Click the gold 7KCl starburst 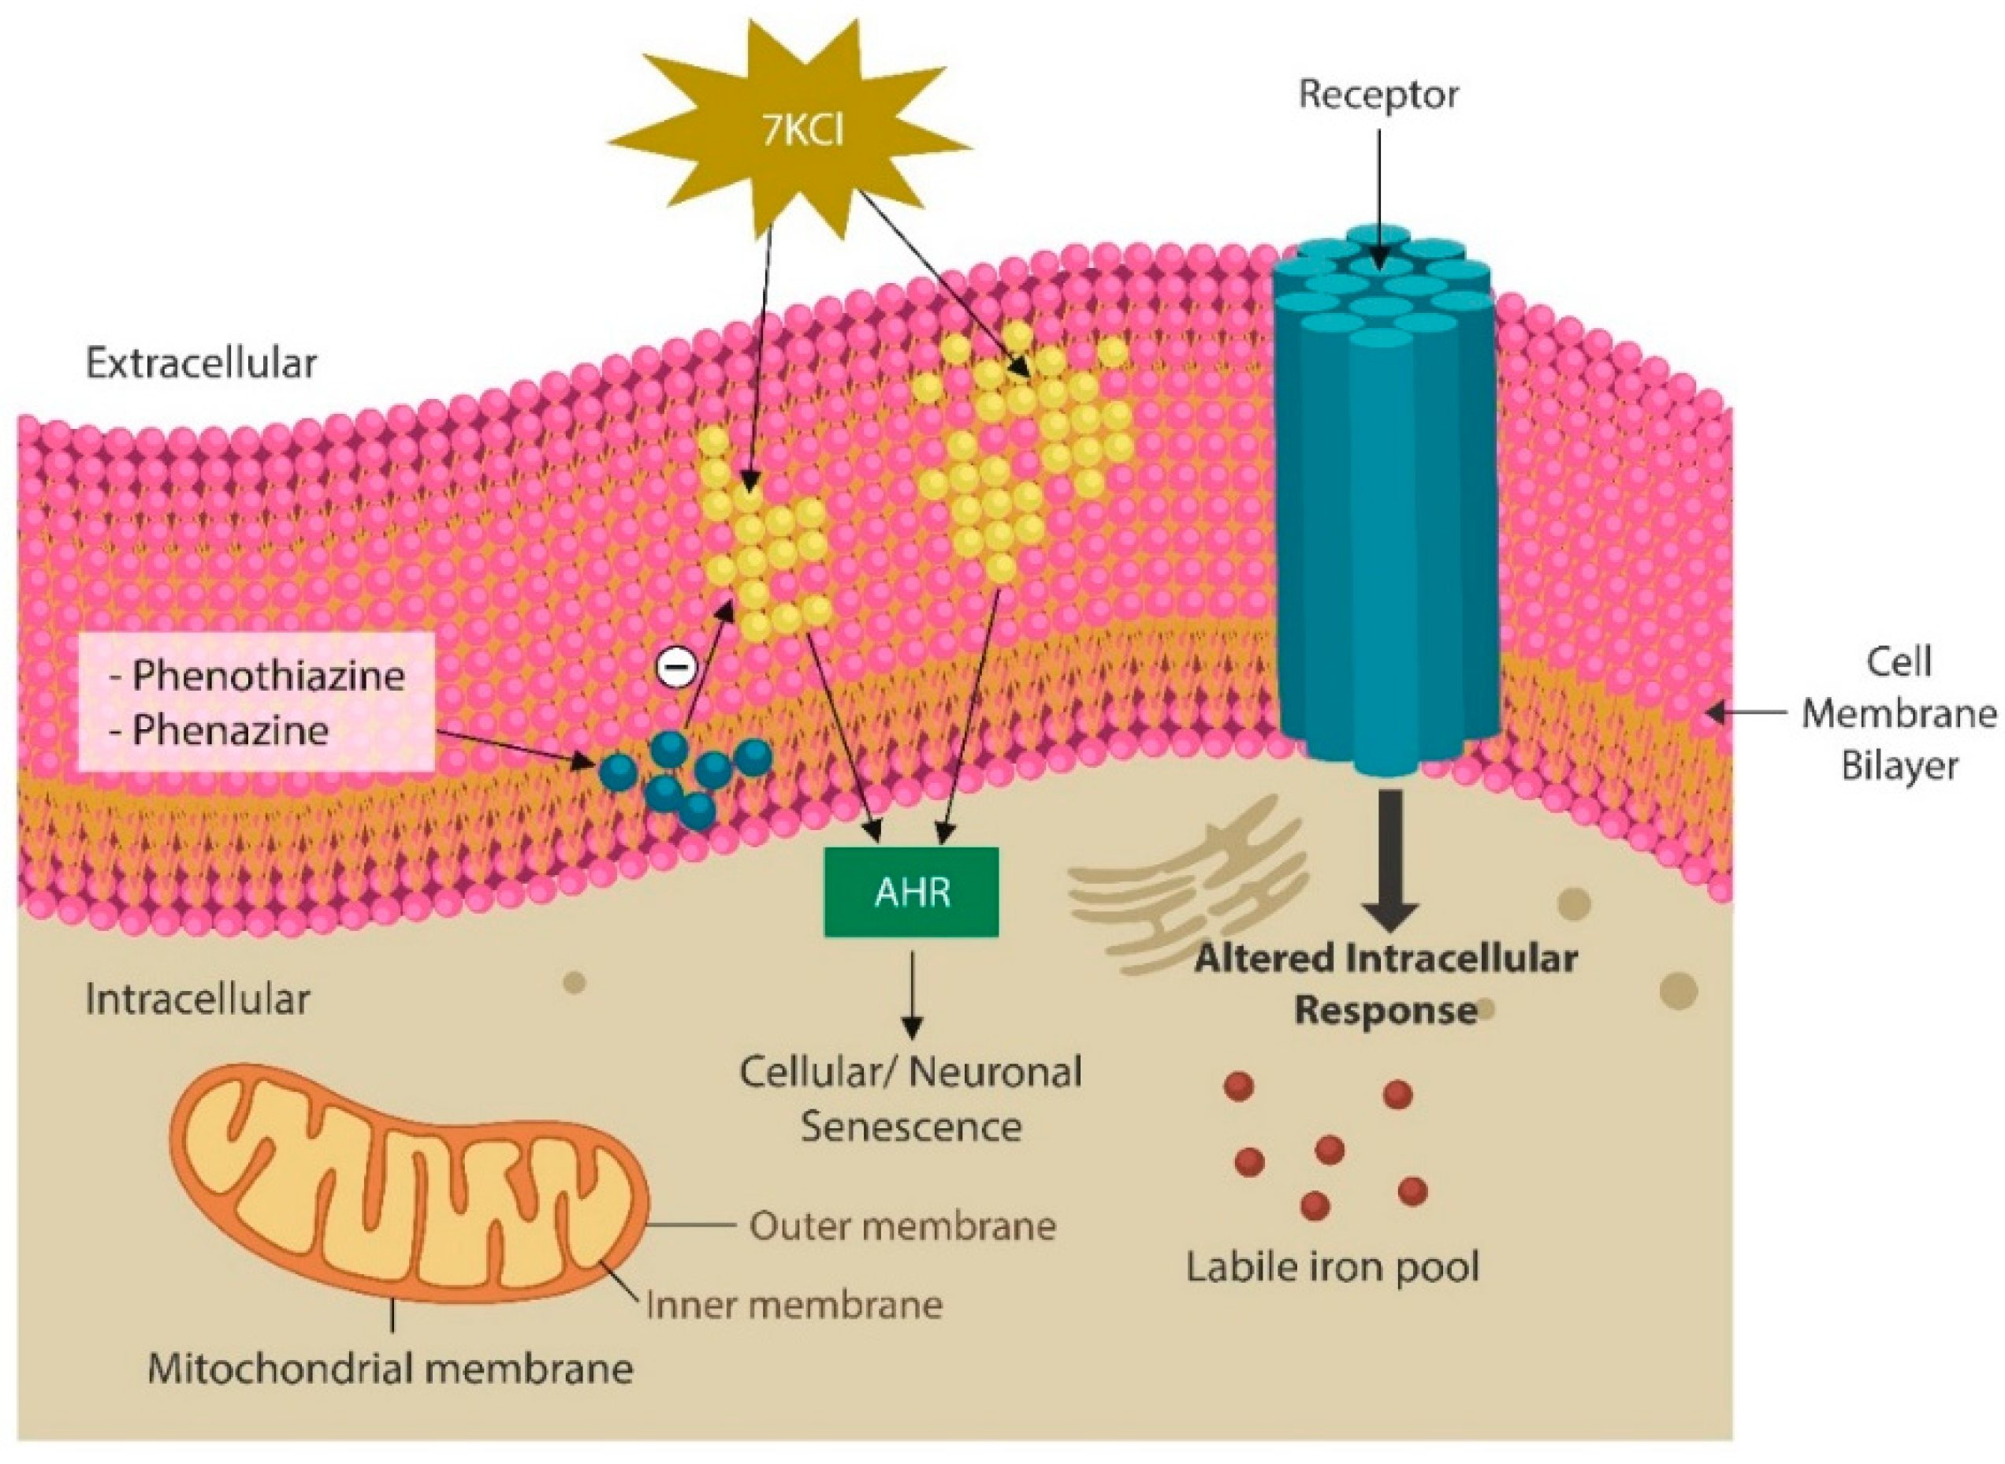pyautogui.click(x=790, y=133)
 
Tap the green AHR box pyautogui.click(x=911, y=892)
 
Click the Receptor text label pyautogui.click(x=1378, y=95)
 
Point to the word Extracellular pyautogui.click(x=201, y=363)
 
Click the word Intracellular pyautogui.click(x=198, y=1000)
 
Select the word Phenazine pyautogui.click(x=230, y=730)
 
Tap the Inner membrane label pyautogui.click(x=794, y=1306)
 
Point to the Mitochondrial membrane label pyautogui.click(x=390, y=1369)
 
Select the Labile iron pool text pyautogui.click(x=1333, y=1267)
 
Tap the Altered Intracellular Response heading pyautogui.click(x=1386, y=984)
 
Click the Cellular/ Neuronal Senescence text pyautogui.click(x=911, y=1099)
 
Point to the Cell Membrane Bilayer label pyautogui.click(x=1898, y=713)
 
